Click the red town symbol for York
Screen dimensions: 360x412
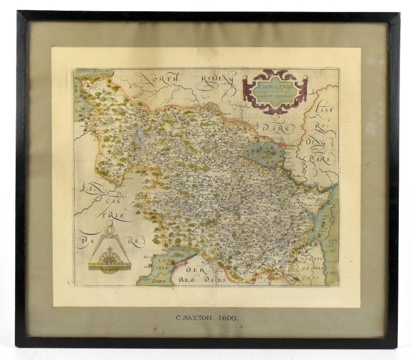283,145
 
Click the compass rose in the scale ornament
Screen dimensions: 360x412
110,259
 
